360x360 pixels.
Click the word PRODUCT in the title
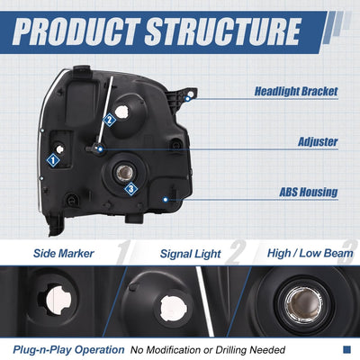click(76, 31)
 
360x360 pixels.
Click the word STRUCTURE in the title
click(222, 31)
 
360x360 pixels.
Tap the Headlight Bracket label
click(296, 92)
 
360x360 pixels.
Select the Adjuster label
click(318, 142)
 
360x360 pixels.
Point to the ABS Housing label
click(309, 192)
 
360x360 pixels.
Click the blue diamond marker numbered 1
click(53, 160)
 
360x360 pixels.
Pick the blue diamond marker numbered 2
click(109, 121)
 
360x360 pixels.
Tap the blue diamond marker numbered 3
click(131, 189)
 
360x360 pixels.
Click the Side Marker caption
click(64, 254)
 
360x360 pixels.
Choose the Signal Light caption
click(191, 254)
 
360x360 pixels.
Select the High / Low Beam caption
click(310, 254)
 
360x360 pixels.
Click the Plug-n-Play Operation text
click(68, 350)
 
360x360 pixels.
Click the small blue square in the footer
click(346, 349)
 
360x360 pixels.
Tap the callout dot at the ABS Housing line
click(165, 199)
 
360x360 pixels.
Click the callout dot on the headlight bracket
click(188, 98)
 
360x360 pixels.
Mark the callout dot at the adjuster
click(101, 148)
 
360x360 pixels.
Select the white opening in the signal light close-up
click(174, 309)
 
